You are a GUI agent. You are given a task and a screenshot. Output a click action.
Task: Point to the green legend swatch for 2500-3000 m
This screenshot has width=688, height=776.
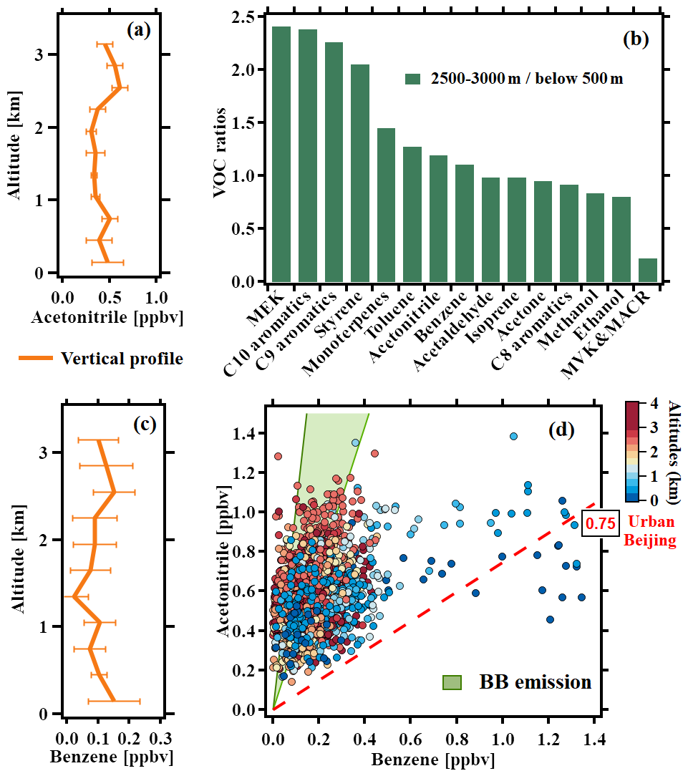tap(413, 79)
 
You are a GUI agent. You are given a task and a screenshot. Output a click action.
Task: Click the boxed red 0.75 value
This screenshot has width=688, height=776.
tap(600, 523)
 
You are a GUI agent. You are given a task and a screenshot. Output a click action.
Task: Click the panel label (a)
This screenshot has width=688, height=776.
tap(138, 30)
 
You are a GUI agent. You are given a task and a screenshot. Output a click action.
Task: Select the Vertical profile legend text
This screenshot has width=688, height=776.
tap(122, 359)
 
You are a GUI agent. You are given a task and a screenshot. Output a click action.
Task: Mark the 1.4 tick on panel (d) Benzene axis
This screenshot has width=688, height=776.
tap(595, 739)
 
